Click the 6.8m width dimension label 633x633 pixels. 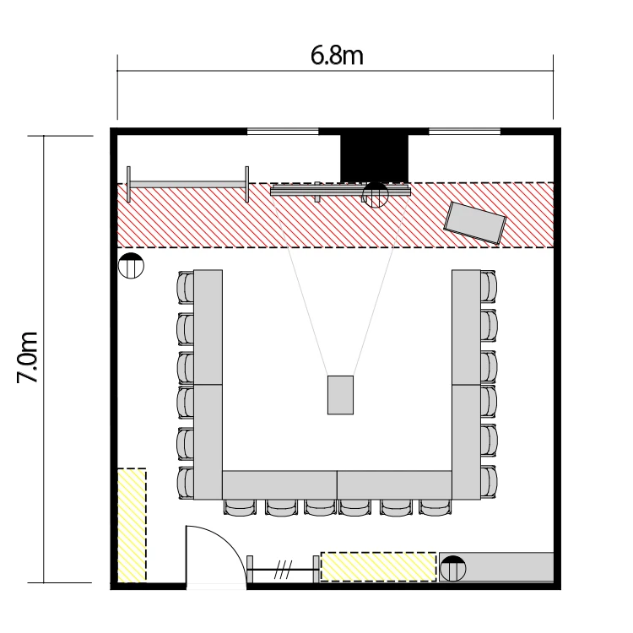coord(337,56)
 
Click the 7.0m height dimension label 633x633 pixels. coord(28,357)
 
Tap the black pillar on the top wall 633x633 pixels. coord(374,159)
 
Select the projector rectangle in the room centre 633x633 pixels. coord(340,395)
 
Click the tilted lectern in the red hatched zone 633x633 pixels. coord(474,223)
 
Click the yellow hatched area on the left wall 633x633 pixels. coord(132,525)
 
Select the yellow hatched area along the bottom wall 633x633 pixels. coord(378,567)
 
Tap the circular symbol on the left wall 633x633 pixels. coord(131,266)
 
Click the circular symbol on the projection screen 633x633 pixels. coord(376,195)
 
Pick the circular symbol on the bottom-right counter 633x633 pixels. coord(452,568)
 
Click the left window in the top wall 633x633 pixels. coord(283,131)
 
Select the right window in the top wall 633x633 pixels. coord(464,131)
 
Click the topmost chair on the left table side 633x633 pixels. coord(186,288)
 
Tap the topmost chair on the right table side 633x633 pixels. coord(489,287)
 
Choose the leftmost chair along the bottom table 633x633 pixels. coord(240,507)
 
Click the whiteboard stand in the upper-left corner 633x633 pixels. coord(187,185)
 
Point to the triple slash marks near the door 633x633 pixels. coord(283,569)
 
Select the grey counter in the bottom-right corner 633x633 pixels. coord(496,567)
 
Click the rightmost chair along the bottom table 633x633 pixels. coord(435,507)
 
